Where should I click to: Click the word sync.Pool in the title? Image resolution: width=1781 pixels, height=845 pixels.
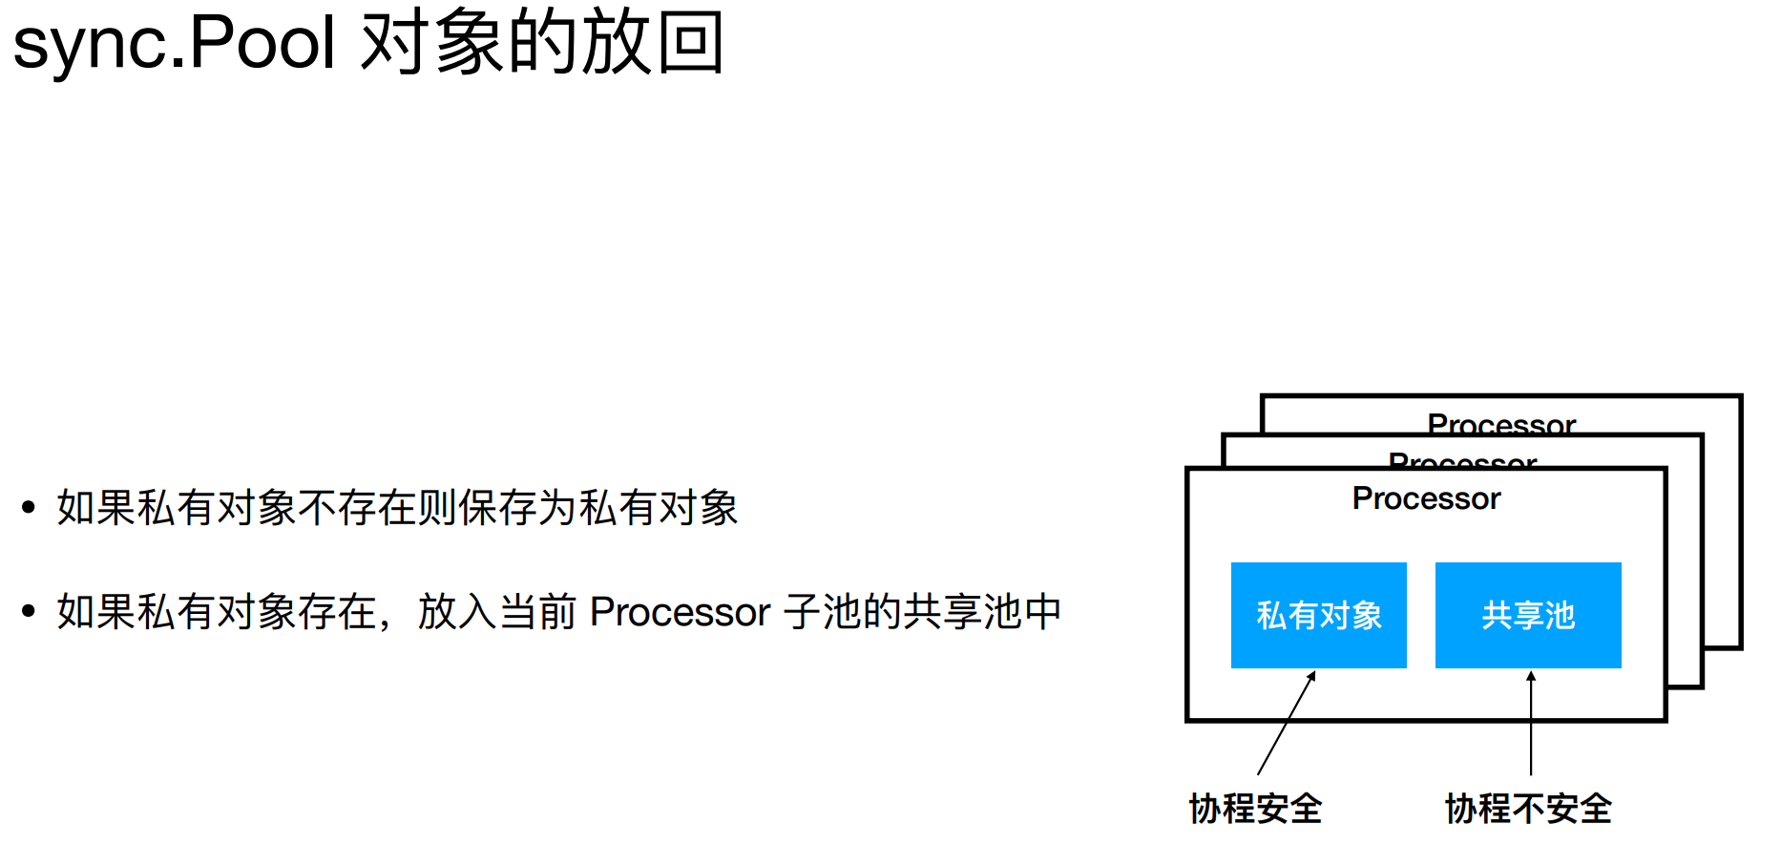[x=175, y=43]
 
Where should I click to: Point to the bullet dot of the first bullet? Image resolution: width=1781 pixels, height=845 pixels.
[x=29, y=507]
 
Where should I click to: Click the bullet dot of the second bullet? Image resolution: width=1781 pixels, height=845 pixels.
[x=29, y=611]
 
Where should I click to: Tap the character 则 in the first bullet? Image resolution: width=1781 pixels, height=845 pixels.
[x=438, y=507]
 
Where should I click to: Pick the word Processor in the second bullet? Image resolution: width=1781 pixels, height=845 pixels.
[x=680, y=612]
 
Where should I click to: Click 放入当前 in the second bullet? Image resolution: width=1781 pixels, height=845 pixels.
[x=496, y=612]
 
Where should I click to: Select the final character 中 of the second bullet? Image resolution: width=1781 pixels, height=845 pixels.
[x=1042, y=612]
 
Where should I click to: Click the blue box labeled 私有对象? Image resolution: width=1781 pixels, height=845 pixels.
[x=1318, y=615]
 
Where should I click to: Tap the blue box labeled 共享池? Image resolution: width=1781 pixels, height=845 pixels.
[x=1527, y=615]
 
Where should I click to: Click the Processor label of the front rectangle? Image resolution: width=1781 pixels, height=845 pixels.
[x=1426, y=498]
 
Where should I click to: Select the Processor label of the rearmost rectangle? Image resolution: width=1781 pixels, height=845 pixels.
[x=1501, y=423]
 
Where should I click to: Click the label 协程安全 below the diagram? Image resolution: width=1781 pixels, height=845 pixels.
[x=1255, y=809]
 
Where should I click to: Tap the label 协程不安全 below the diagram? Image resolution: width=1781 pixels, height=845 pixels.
[x=1527, y=809]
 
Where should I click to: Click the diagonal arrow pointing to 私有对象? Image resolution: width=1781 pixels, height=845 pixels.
[x=1287, y=723]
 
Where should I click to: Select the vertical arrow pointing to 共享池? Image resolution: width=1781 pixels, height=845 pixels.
[x=1531, y=723]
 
